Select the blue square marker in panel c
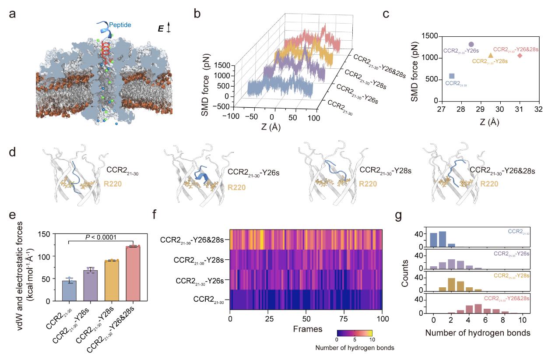tap(452, 76)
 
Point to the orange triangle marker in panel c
tap(491, 55)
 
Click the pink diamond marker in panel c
tap(520, 55)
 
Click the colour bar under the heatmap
tap(354, 332)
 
